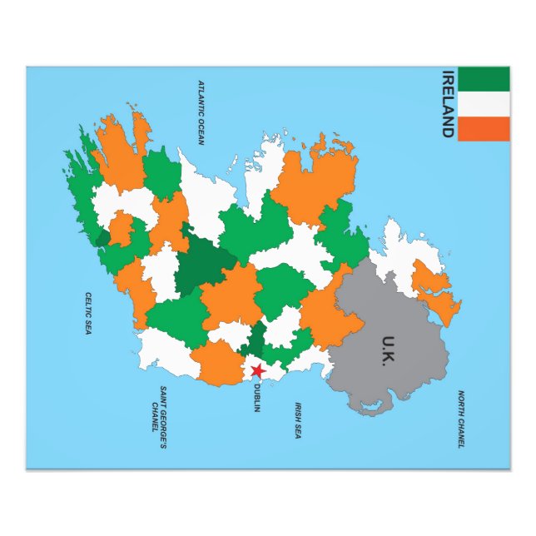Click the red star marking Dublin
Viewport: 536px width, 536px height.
click(258, 370)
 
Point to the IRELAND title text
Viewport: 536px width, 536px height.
click(448, 103)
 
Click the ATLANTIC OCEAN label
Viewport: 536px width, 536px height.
click(201, 112)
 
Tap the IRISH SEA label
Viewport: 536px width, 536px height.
click(298, 420)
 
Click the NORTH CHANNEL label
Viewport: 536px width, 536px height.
click(460, 419)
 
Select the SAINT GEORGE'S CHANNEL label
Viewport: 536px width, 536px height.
click(159, 418)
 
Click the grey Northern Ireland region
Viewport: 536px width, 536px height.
click(391, 325)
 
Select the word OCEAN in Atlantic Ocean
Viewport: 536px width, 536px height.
click(201, 131)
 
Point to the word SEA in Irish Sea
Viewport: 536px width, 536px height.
click(298, 433)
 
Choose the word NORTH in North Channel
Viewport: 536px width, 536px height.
click(460, 401)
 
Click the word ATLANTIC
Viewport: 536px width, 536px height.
click(201, 97)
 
